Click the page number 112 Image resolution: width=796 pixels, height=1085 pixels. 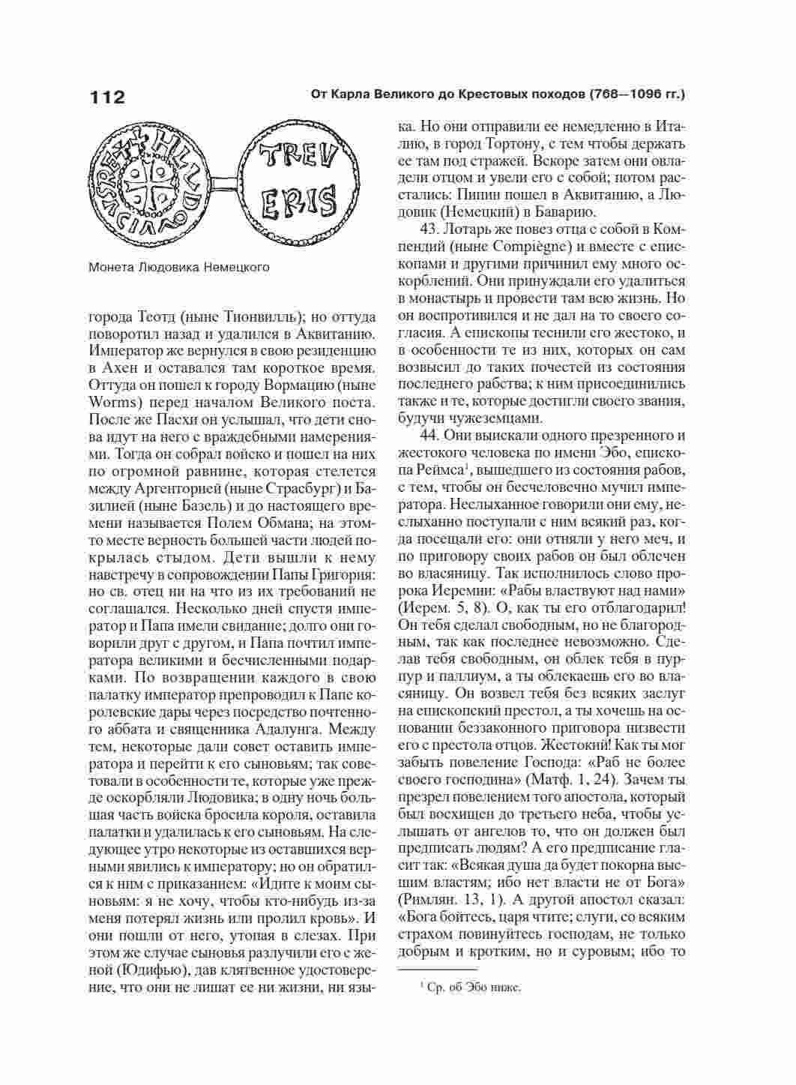(x=107, y=98)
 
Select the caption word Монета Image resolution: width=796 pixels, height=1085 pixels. (x=111, y=266)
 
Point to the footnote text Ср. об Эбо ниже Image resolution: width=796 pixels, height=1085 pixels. (x=471, y=988)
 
